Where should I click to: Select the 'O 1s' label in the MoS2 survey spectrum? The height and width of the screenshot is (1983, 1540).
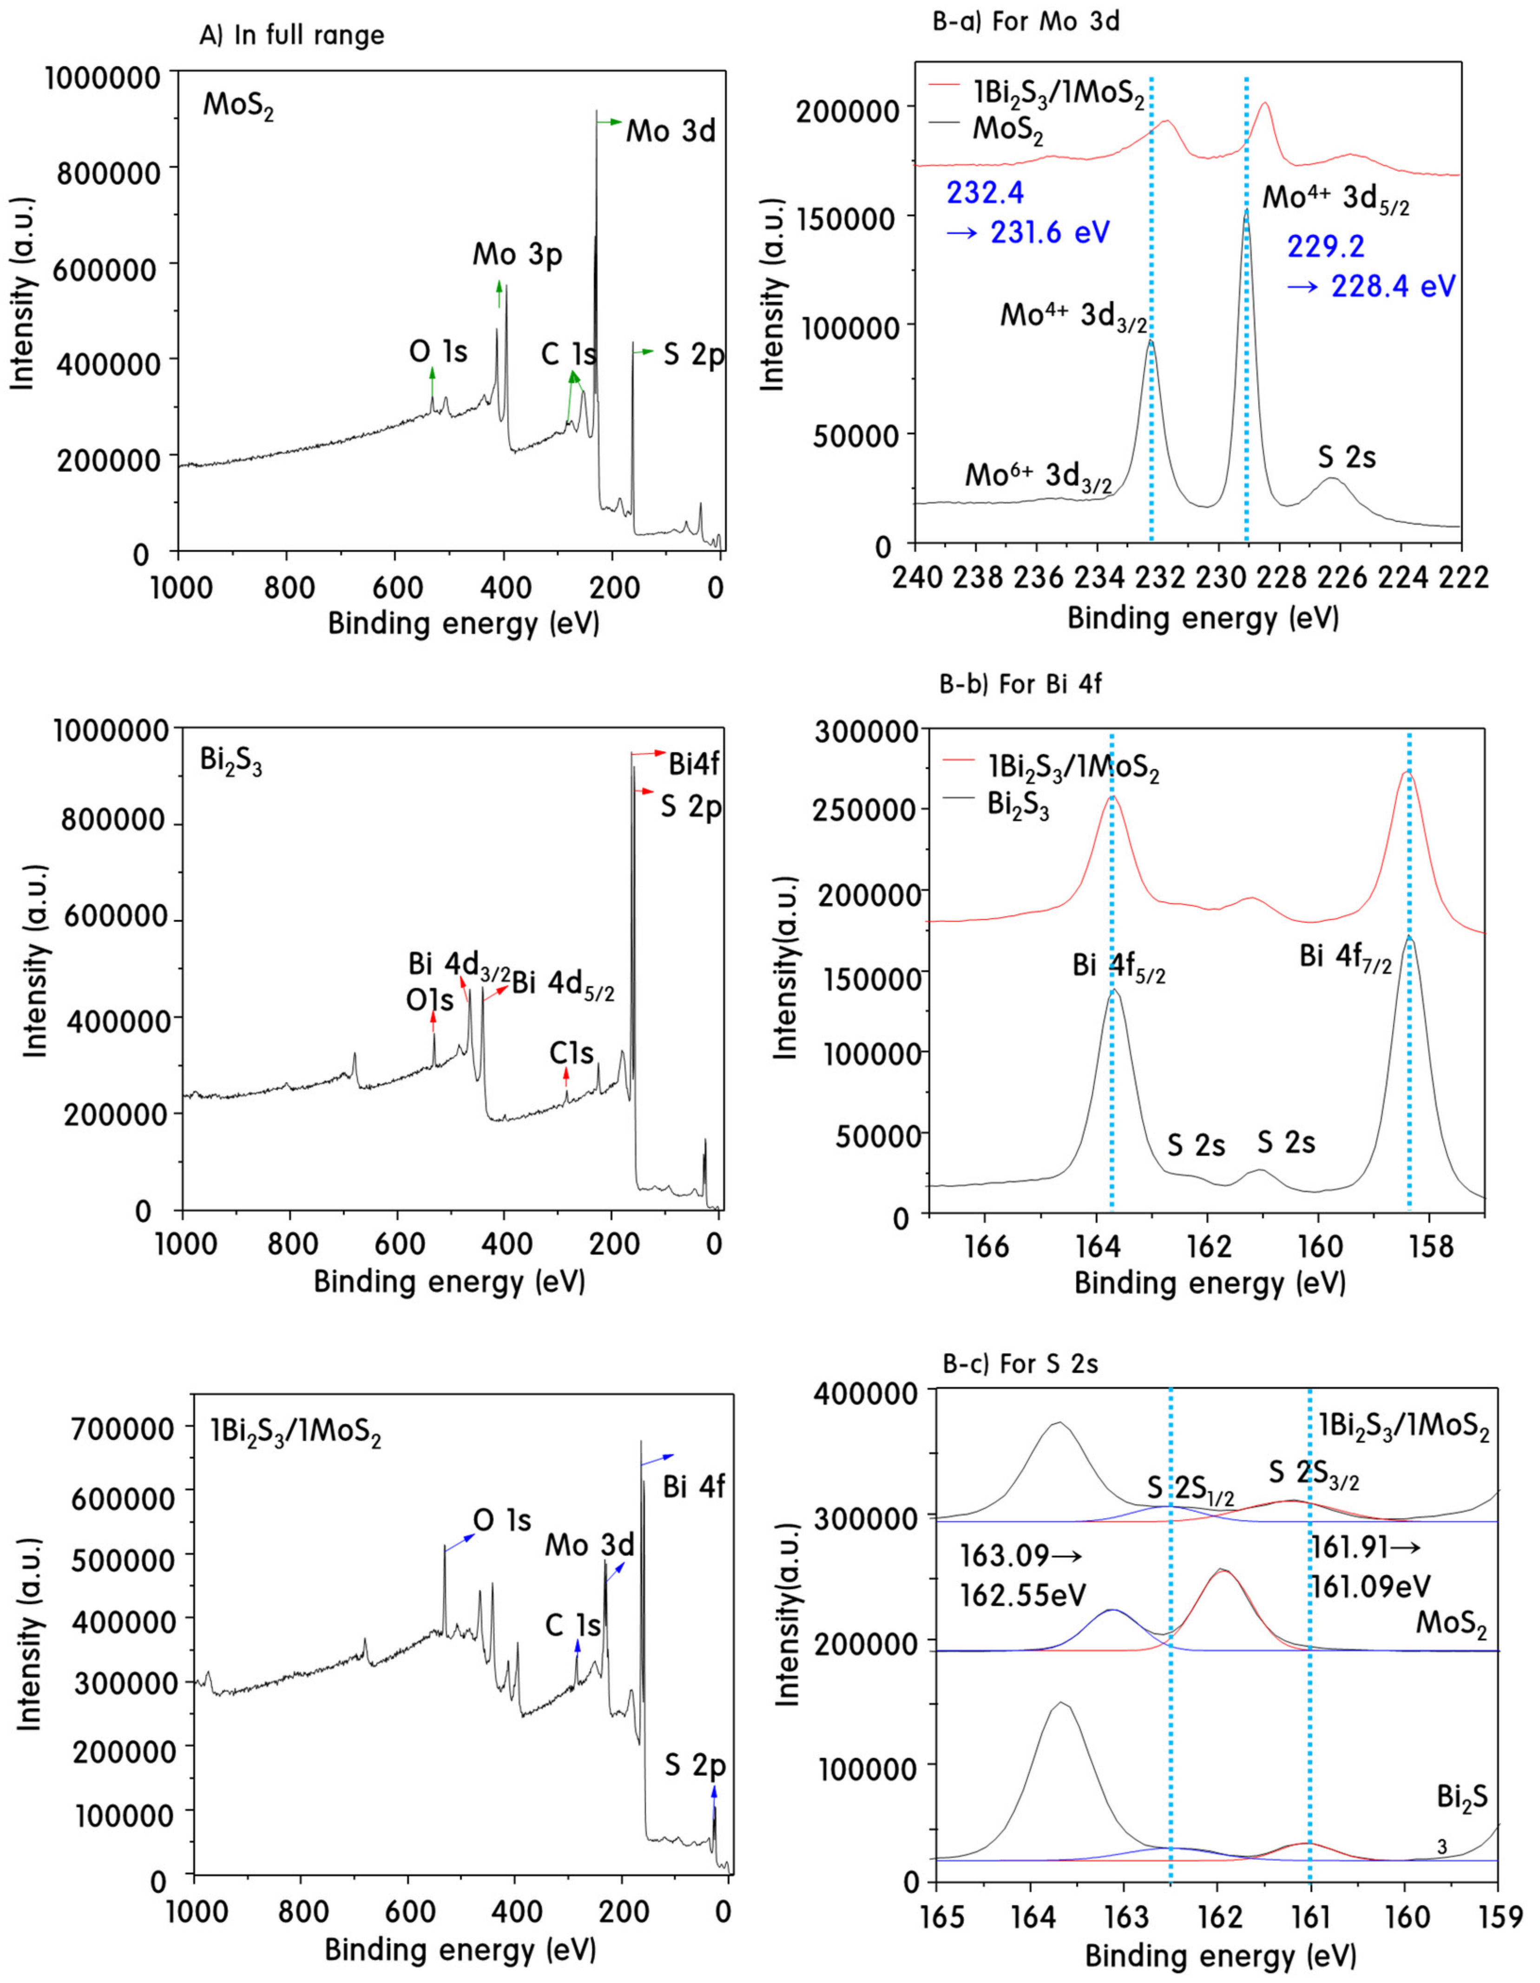coord(438,351)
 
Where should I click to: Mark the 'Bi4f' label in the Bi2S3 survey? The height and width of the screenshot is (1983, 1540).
coord(694,764)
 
